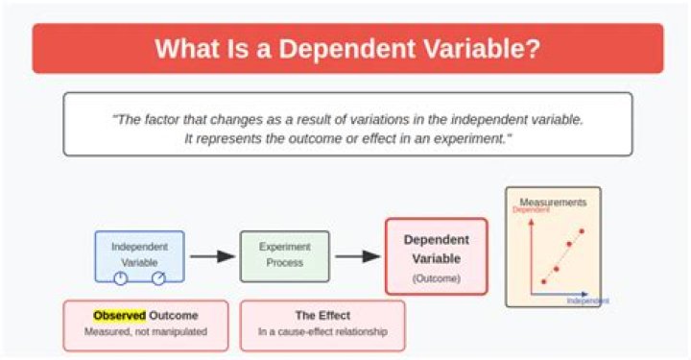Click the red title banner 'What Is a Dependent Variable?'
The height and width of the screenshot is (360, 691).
click(x=347, y=48)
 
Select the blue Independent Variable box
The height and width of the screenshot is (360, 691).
click(x=139, y=254)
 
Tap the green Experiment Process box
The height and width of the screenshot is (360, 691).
click(x=284, y=254)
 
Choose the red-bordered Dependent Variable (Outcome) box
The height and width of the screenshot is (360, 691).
click(x=436, y=255)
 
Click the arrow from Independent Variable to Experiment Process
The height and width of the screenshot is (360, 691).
click(x=212, y=256)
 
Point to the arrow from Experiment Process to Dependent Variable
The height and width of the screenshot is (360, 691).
click(x=357, y=256)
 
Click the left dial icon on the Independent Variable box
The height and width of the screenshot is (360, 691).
click(x=121, y=278)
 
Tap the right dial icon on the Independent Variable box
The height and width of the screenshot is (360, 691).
click(x=158, y=278)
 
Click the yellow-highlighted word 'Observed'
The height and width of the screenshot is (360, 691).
click(x=119, y=315)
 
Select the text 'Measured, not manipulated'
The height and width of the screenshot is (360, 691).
click(x=145, y=332)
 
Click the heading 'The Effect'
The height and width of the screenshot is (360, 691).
click(x=322, y=315)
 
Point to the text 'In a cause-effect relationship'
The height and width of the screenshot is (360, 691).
click(x=322, y=332)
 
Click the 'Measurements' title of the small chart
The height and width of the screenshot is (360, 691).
click(x=553, y=202)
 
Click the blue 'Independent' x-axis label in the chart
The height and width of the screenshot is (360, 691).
click(x=587, y=300)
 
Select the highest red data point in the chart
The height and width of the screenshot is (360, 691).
click(x=582, y=231)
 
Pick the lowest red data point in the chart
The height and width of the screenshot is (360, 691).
click(x=543, y=281)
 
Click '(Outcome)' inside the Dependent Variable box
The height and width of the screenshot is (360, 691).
click(x=436, y=278)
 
